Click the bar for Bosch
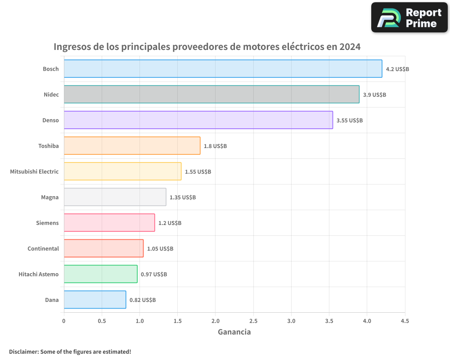[x=223, y=69]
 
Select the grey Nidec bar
[x=211, y=94]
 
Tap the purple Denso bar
[x=198, y=120]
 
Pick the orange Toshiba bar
[x=132, y=146]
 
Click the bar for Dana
[x=95, y=300]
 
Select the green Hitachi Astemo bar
[x=100, y=274]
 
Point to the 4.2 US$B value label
[x=397, y=69]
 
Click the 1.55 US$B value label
[x=198, y=172]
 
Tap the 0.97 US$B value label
[x=154, y=274]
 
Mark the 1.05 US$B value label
[x=160, y=249]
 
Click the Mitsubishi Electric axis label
[x=34, y=171]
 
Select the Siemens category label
[x=47, y=223]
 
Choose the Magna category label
[x=49, y=197]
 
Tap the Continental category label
[x=43, y=248]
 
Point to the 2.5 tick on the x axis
[x=253, y=321]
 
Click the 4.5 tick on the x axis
[x=405, y=321]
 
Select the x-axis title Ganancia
[x=234, y=332]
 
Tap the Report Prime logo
[x=409, y=18]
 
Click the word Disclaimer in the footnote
[x=23, y=351]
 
